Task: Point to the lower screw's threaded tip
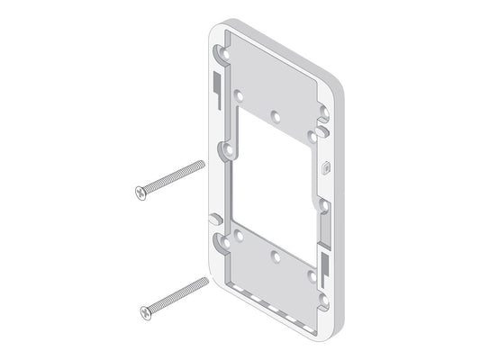click(204, 283)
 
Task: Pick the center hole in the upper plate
click(276, 115)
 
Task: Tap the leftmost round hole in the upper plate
click(240, 94)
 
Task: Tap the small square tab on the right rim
click(325, 166)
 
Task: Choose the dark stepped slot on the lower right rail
click(322, 262)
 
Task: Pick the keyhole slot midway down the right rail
click(321, 203)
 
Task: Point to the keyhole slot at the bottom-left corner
click(219, 240)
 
